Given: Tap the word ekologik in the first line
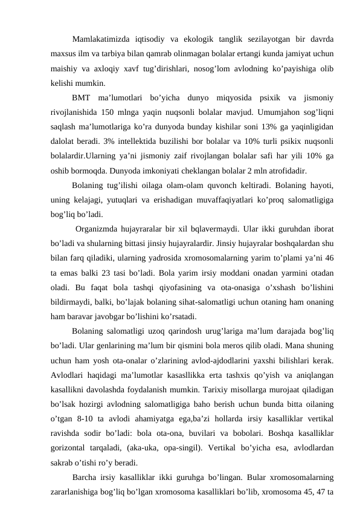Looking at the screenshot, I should pos(211,39).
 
